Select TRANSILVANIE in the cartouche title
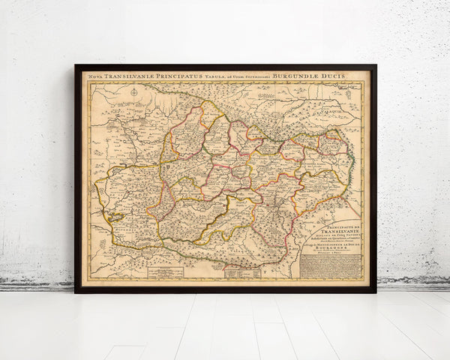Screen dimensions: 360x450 331,231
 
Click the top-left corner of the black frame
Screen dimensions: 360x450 76,66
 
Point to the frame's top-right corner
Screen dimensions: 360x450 376,66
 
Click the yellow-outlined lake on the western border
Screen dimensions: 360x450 114,217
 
